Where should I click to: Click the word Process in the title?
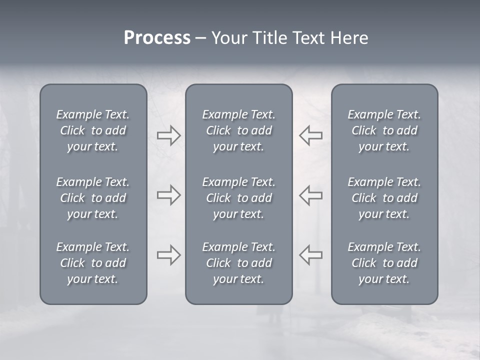(157, 38)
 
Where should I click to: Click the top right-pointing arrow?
(168, 135)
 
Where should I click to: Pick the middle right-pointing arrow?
(168, 195)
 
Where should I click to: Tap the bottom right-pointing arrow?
(168, 254)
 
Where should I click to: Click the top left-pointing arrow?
(310, 135)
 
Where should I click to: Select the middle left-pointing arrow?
(310, 195)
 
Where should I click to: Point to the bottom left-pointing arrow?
(310, 254)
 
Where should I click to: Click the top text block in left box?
(93, 130)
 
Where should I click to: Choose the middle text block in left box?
(93, 198)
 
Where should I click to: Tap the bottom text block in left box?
(93, 263)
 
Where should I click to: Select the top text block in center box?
(238, 130)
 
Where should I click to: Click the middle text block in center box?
(238, 198)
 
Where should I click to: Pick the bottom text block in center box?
(238, 263)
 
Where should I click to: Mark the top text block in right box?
(384, 130)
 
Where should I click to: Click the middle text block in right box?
(384, 198)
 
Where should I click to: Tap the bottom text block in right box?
(384, 263)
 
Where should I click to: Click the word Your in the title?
(227, 38)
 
